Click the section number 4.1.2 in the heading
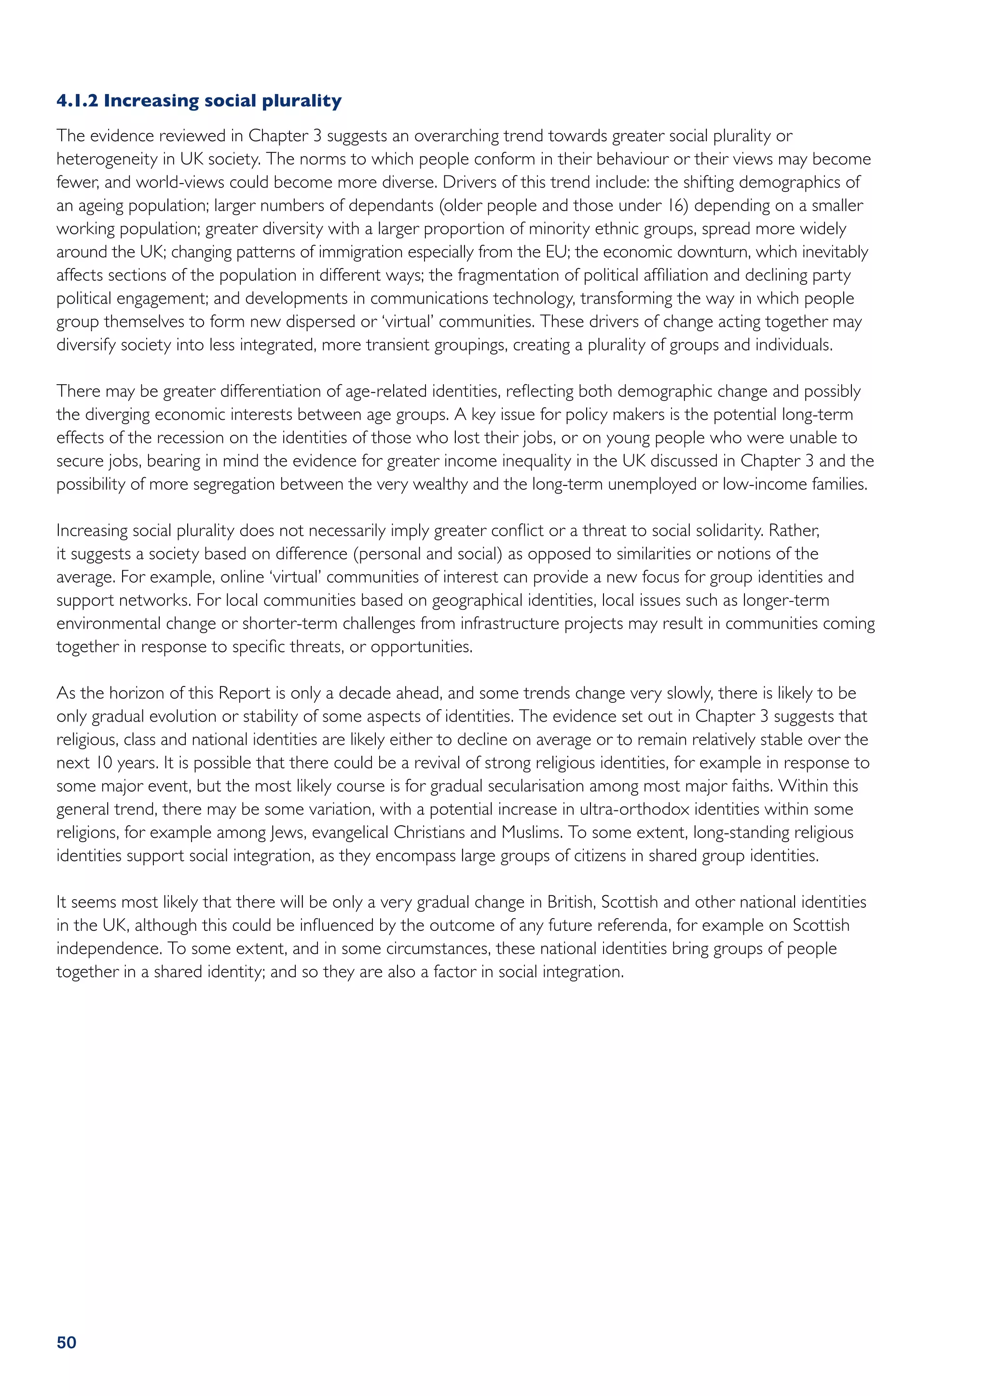click(x=77, y=100)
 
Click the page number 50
click(x=66, y=1342)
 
